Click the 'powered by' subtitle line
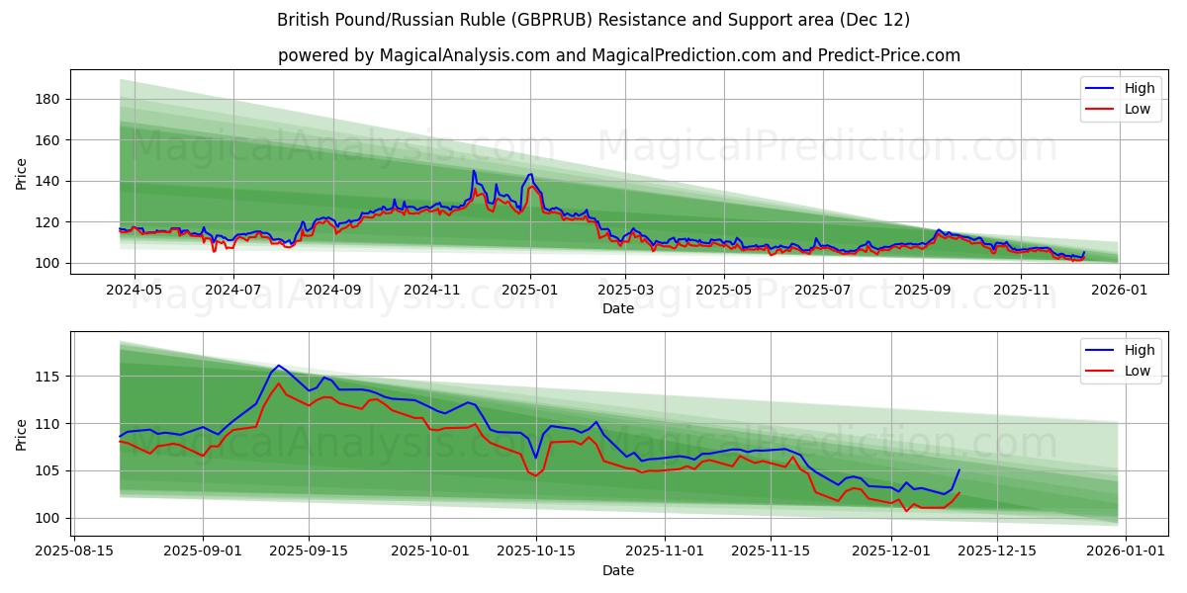click(x=619, y=55)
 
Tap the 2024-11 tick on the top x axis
click(x=430, y=290)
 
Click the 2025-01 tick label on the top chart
click(x=529, y=290)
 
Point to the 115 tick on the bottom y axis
click(x=49, y=377)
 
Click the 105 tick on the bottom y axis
click(x=49, y=470)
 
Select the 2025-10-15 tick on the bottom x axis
click(x=536, y=551)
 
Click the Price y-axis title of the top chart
click(x=22, y=173)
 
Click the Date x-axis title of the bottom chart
click(x=619, y=570)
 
